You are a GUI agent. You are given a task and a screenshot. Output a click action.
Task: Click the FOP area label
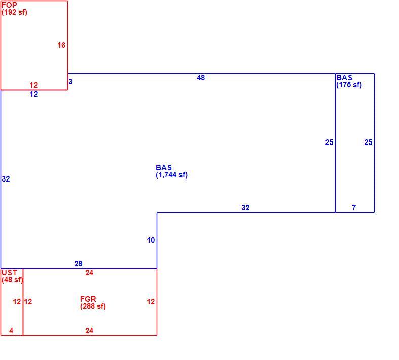point(9,5)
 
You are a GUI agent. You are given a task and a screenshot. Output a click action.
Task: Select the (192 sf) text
point(14,12)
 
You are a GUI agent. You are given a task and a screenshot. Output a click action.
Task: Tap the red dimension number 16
point(61,45)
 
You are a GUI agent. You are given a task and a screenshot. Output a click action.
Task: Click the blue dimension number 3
point(70,82)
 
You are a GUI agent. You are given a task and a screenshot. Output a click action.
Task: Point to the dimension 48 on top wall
point(201,78)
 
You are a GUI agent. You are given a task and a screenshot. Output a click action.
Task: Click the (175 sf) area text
point(349,85)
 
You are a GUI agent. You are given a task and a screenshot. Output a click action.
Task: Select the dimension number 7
point(354,208)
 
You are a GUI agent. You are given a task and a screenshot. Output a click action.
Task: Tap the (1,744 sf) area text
point(171,175)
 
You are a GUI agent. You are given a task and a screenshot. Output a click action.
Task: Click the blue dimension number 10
point(151,240)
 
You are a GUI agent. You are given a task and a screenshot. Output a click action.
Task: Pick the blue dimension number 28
point(78,264)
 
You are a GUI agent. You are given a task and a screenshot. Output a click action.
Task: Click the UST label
point(9,273)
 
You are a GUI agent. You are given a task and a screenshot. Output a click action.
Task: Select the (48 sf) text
point(12,280)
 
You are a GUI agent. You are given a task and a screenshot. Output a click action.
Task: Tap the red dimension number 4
point(11,331)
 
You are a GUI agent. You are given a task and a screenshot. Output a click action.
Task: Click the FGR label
point(88,299)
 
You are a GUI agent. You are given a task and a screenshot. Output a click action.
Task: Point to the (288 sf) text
point(93,306)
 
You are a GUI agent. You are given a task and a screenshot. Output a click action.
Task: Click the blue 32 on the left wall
point(6,179)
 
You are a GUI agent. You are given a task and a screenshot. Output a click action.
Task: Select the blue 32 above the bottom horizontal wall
point(245,208)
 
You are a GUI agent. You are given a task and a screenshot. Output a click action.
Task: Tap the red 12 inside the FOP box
point(33,85)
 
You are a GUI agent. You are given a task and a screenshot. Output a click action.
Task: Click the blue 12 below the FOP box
point(33,94)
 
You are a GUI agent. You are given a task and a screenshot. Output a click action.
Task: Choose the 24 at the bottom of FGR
point(89,331)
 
